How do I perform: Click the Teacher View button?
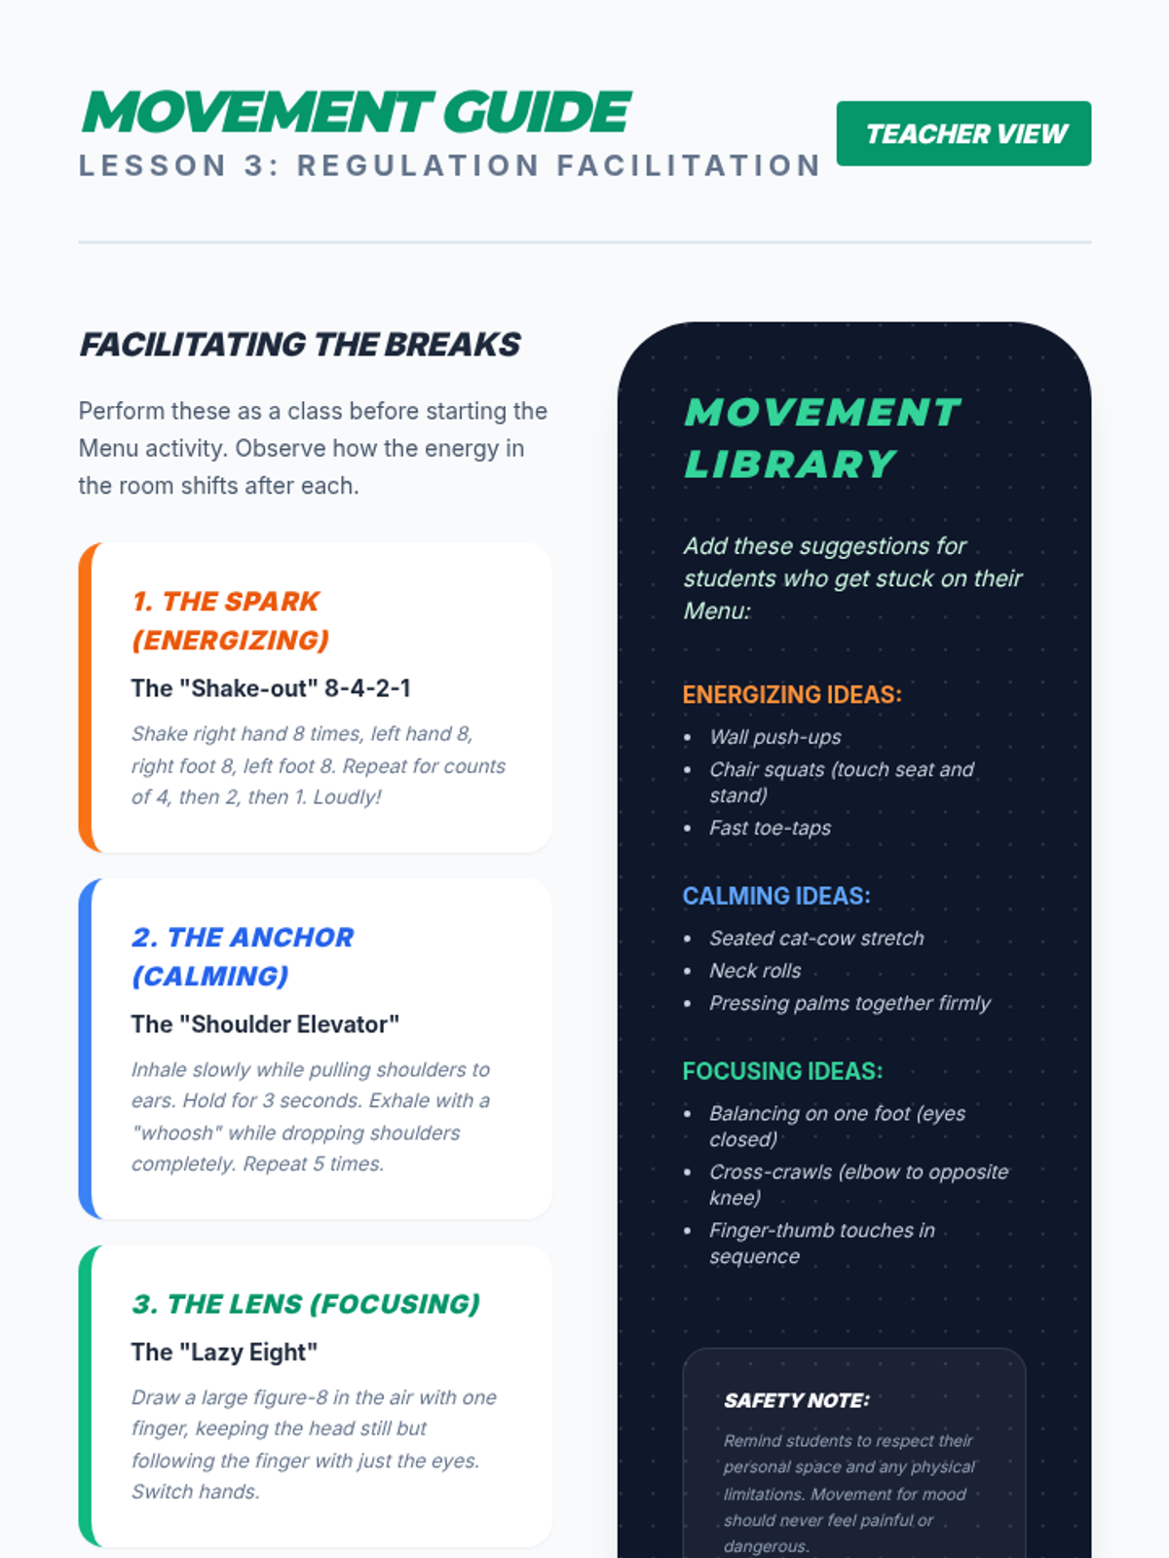[963, 133]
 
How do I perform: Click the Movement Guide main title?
[357, 112]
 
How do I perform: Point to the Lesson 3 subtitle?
[450, 166]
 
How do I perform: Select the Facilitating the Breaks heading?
[300, 345]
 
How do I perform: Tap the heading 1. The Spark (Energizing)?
[231, 620]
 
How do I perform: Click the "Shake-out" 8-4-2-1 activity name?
[271, 688]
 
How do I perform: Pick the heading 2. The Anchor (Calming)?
[243, 956]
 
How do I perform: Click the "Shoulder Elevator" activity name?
[265, 1024]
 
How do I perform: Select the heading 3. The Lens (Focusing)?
[306, 1304]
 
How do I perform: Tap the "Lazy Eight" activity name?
[224, 1353]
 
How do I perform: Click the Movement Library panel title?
[822, 438]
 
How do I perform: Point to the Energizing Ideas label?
[792, 694]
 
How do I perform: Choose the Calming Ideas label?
[776, 896]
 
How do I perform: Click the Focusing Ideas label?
[782, 1071]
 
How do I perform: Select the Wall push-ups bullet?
[774, 737]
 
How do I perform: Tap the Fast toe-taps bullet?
[770, 828]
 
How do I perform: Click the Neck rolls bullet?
[755, 971]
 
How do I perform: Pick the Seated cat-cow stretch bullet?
[816, 939]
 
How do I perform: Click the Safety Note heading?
[796, 1400]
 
